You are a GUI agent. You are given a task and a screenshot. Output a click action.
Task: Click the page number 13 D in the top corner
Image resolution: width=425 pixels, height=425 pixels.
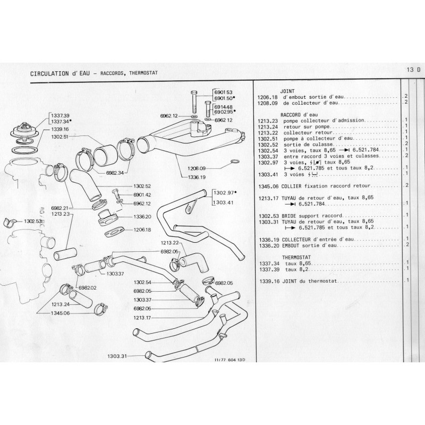click(x=413, y=69)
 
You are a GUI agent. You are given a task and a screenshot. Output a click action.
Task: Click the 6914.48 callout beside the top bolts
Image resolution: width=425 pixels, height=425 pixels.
click(x=223, y=106)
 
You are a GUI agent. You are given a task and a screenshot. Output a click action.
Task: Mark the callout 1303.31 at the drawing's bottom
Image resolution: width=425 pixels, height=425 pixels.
click(x=116, y=356)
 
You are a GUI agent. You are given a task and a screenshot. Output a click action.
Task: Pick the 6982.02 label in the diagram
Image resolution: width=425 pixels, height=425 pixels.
click(x=87, y=287)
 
